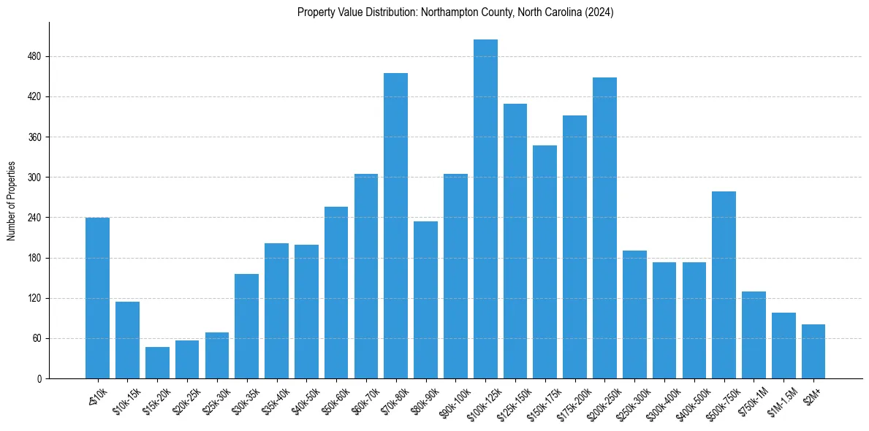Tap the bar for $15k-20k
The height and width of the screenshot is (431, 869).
[157, 363]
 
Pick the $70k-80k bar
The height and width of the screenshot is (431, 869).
[395, 226]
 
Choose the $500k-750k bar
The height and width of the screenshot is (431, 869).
[724, 285]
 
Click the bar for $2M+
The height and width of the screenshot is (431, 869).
[813, 351]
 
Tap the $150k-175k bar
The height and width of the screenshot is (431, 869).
[544, 262]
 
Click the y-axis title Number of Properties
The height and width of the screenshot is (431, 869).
[11, 201]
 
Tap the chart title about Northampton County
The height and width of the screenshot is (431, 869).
[455, 12]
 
